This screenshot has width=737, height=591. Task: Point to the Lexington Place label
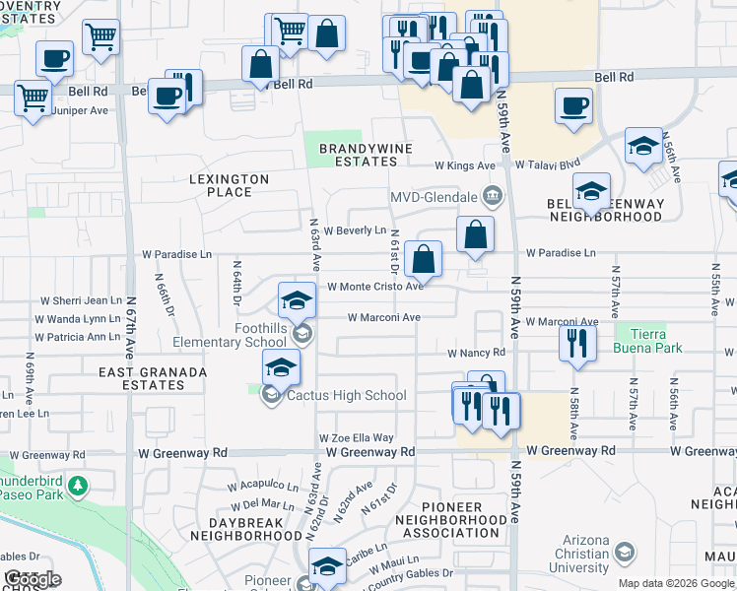point(229,185)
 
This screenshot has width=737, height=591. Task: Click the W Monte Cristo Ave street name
point(374,287)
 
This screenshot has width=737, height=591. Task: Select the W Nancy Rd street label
point(476,353)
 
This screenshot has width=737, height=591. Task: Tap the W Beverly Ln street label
point(354,230)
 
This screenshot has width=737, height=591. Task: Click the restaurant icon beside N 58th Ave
point(576,343)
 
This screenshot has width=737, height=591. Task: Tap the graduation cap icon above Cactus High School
point(282,368)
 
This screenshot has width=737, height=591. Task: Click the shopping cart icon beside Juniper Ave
point(33,98)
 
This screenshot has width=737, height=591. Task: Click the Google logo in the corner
point(33,579)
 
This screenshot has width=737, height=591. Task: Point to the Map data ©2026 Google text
point(676,583)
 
